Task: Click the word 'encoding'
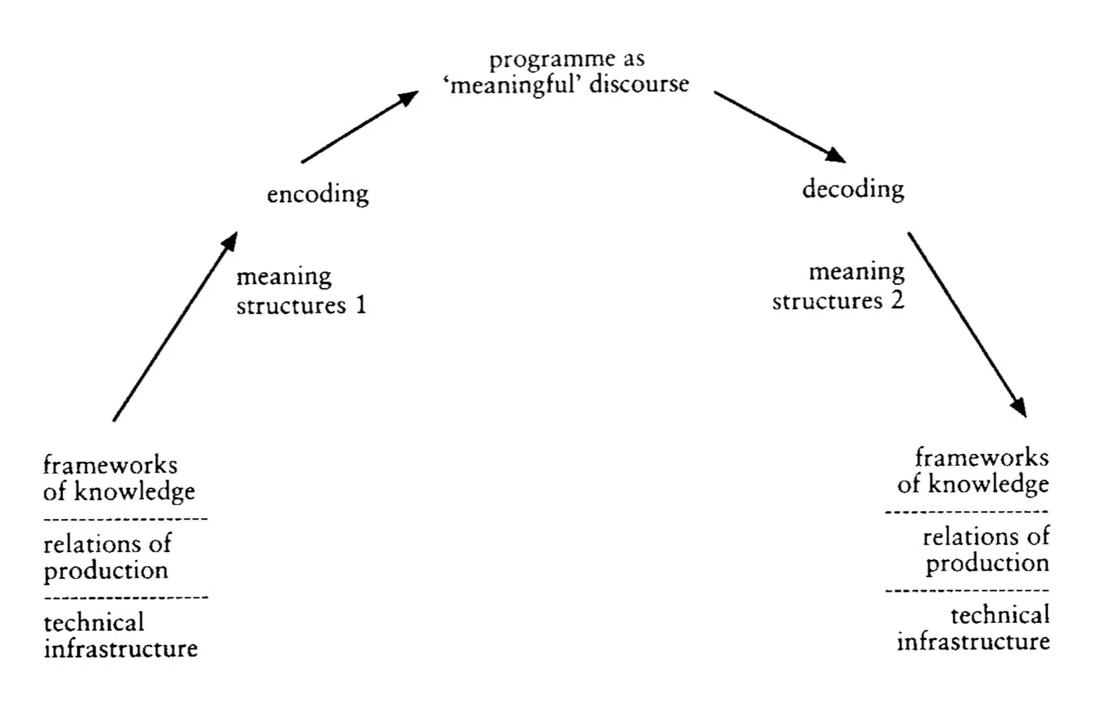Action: coord(317,194)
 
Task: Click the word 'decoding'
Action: coord(853,189)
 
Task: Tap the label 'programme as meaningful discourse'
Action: coord(566,71)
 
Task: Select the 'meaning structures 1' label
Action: coord(301,291)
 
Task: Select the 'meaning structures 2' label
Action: coord(839,286)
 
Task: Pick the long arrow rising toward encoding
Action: coord(175,327)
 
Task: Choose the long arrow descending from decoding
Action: coord(967,324)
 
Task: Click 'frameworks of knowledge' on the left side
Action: coord(118,478)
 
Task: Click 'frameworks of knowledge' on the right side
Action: coord(974,471)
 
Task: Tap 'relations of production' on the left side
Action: coord(107,557)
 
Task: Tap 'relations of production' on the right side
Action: coord(986,550)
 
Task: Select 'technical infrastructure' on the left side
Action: coord(120,636)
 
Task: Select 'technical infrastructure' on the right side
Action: coord(974,629)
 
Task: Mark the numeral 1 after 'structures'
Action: coord(361,305)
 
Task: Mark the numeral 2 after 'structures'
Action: coord(897,300)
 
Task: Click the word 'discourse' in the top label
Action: coord(639,84)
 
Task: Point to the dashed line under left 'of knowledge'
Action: coord(125,519)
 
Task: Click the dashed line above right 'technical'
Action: coord(967,590)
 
